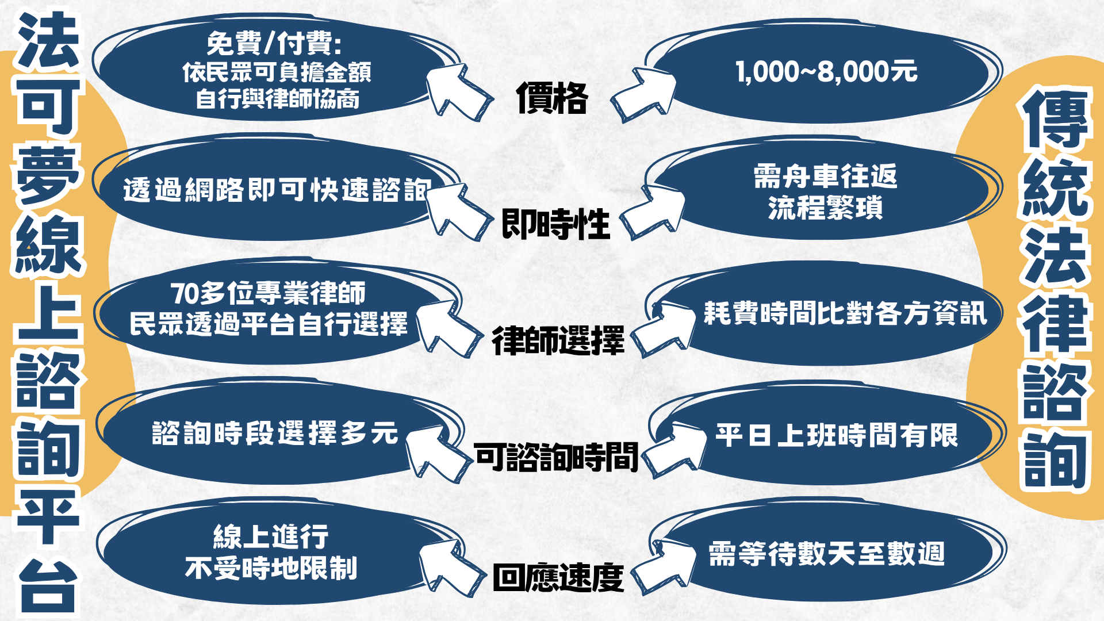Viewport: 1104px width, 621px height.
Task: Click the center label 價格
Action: pos(552,98)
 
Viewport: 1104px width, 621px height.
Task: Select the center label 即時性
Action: pos(555,224)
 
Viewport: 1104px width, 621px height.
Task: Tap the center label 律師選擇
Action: pos(558,340)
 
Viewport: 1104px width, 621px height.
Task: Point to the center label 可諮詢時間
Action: pos(557,457)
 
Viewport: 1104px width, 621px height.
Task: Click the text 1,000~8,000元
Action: pos(827,72)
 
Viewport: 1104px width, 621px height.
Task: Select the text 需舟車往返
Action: pos(826,176)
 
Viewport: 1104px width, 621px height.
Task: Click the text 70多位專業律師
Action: pos(268,293)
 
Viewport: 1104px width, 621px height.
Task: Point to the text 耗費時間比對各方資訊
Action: pos(846,313)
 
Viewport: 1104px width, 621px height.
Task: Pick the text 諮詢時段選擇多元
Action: pos(275,433)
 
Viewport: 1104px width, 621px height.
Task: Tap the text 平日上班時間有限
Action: pos(837,435)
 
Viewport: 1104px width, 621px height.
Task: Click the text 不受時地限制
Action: pos(271,568)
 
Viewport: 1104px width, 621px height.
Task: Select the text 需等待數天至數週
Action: pos(827,554)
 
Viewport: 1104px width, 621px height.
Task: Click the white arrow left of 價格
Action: pos(458,92)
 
